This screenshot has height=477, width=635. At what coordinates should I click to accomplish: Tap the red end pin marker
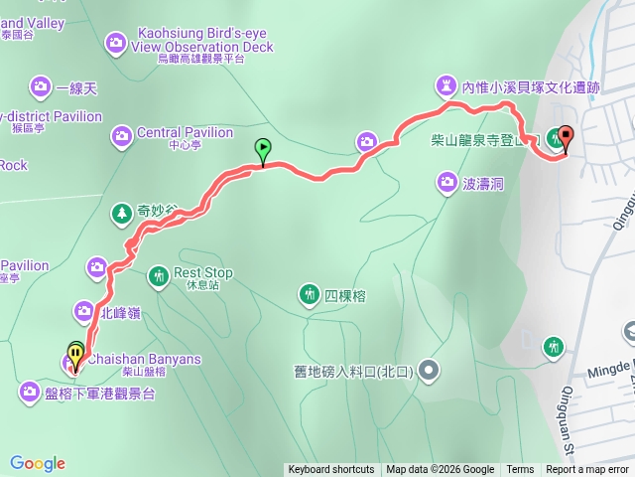(567, 137)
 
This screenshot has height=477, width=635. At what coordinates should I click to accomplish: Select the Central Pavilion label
(185, 133)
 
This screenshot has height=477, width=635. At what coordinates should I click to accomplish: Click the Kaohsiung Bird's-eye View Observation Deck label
(203, 46)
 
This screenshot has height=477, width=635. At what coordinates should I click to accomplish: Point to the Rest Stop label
(203, 273)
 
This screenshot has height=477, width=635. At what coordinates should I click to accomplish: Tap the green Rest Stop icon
(158, 275)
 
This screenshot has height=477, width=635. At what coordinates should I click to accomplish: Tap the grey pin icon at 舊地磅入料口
(429, 371)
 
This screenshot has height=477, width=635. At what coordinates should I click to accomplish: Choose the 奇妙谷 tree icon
(121, 212)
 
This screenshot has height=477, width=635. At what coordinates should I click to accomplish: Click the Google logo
(38, 463)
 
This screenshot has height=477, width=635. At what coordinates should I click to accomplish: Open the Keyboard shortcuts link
(331, 470)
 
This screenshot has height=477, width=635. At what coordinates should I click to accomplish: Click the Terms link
(520, 470)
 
